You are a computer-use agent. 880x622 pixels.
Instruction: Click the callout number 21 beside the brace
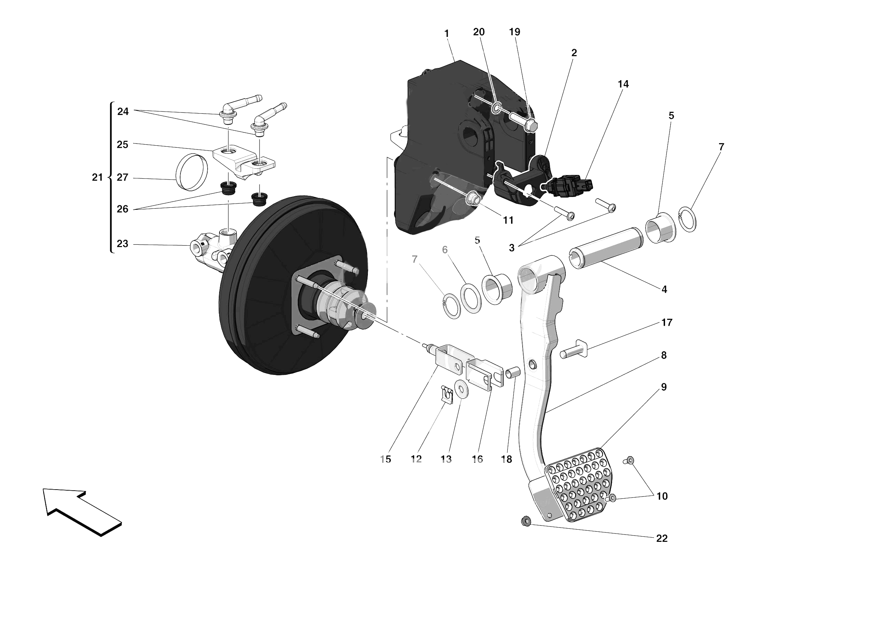click(x=97, y=177)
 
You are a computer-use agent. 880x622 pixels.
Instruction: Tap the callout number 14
click(x=623, y=84)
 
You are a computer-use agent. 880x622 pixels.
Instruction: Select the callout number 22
click(x=662, y=538)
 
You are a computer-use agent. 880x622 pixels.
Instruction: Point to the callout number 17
click(x=666, y=323)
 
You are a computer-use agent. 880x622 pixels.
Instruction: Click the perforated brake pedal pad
click(x=578, y=485)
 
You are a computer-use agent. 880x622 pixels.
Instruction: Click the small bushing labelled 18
click(x=513, y=373)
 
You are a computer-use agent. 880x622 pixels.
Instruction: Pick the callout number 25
click(x=122, y=145)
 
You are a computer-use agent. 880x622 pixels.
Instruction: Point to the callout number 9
click(x=663, y=387)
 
